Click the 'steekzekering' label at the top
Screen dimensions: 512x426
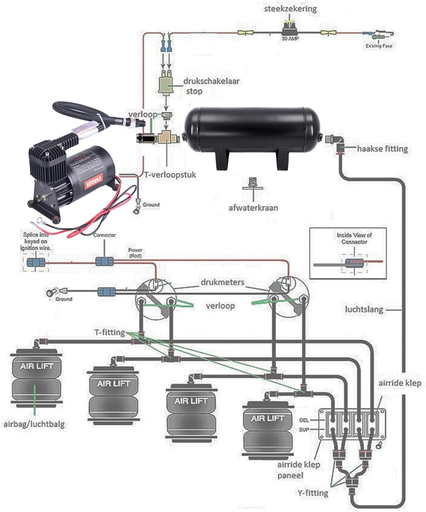point(291,8)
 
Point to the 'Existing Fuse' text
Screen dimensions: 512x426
point(379,46)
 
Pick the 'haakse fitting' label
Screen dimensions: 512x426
point(382,149)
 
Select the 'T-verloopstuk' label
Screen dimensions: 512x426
point(170,175)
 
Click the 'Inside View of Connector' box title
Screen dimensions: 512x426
point(354,238)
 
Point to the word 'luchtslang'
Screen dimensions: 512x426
point(364,309)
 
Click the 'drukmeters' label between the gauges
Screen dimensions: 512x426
point(222,282)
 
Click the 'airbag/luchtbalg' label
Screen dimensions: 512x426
point(34,424)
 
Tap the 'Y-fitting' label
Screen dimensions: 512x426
point(312,493)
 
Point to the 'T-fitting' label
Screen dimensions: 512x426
point(109,333)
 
